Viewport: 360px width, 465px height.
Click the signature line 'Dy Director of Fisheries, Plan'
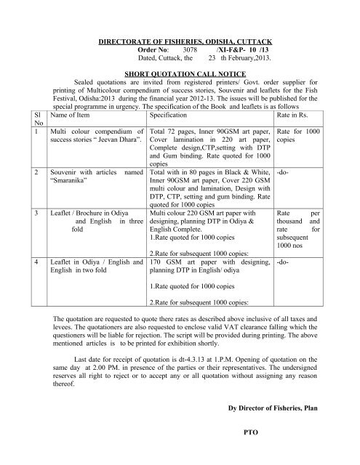coord(276,412)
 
